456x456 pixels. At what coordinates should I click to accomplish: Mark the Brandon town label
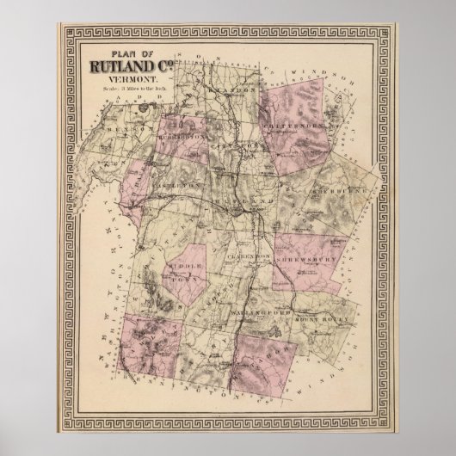[234, 89]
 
